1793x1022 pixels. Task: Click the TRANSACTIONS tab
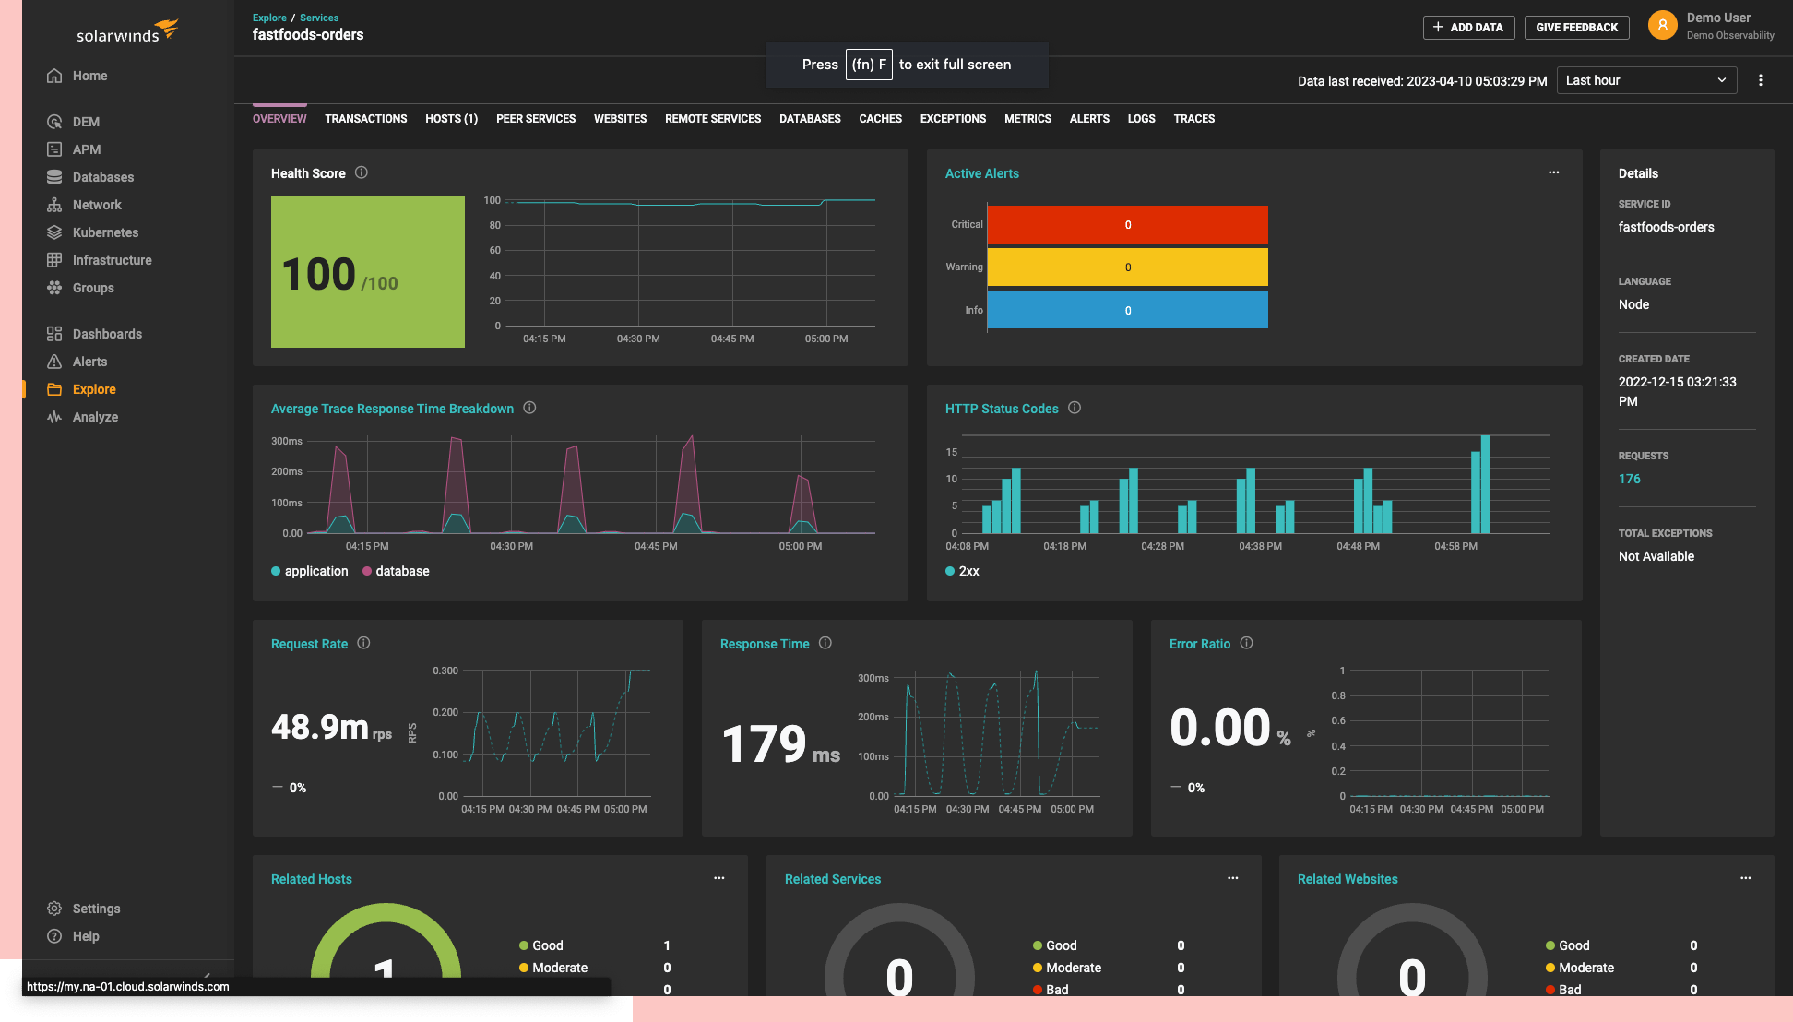(x=365, y=119)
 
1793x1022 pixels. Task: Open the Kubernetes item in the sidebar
(x=105, y=232)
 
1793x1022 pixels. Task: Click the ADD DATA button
(x=1468, y=28)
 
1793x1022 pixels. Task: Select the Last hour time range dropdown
(x=1645, y=80)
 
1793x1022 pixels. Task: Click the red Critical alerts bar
(x=1127, y=225)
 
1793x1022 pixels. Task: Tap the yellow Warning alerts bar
(x=1127, y=267)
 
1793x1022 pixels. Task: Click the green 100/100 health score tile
(x=367, y=272)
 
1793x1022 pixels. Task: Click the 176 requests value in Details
(x=1629, y=479)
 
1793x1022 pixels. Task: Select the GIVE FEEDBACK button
(x=1576, y=28)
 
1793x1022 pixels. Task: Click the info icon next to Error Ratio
(x=1246, y=643)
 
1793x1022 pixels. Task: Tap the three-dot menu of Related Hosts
(x=719, y=878)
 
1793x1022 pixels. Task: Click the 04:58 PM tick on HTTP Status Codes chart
(x=1455, y=546)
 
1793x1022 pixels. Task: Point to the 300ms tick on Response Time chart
(x=873, y=678)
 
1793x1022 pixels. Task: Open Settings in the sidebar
(x=96, y=909)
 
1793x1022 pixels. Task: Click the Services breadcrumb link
(x=319, y=18)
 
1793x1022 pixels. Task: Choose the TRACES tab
(x=1193, y=119)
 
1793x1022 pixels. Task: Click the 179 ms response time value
(x=780, y=744)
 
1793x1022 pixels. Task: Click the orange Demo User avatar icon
(x=1662, y=26)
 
